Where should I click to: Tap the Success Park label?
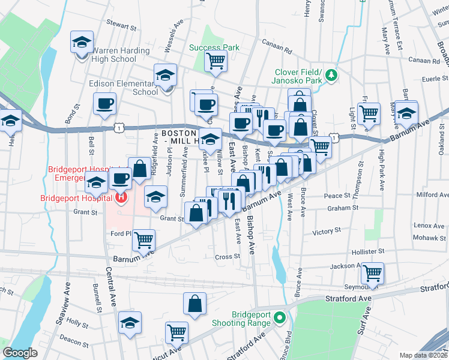tap(214, 47)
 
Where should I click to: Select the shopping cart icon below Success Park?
tap(215, 60)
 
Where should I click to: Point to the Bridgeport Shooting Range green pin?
tap(279, 318)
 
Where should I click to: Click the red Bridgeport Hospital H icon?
tap(122, 197)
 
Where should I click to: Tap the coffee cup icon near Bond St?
tap(104, 103)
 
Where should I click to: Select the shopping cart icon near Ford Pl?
tap(144, 240)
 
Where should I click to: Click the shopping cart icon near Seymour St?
tap(373, 273)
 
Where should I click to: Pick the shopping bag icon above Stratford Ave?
tap(195, 304)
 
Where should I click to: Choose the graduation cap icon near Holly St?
tap(129, 323)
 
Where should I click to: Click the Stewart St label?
tap(121, 26)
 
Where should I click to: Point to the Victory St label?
tap(327, 230)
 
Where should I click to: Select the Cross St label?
tap(228, 256)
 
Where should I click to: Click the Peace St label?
tap(337, 196)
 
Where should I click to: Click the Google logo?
tap(20, 353)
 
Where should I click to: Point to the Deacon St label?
tap(78, 344)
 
